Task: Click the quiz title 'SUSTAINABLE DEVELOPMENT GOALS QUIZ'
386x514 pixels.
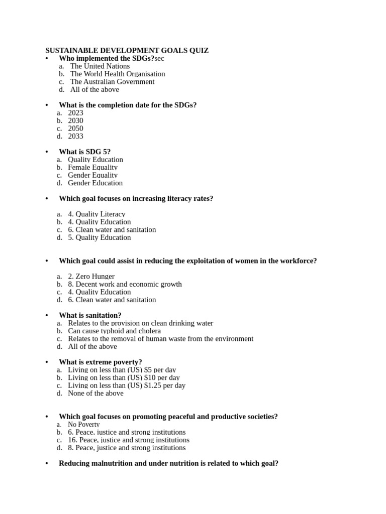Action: (127, 51)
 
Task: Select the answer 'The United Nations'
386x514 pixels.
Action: (100, 66)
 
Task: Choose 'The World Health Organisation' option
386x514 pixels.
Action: (117, 74)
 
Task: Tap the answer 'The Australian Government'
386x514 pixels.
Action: (112, 82)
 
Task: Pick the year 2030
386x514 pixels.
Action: (75, 121)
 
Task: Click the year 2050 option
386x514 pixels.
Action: (75, 128)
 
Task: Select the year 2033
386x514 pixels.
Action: (75, 137)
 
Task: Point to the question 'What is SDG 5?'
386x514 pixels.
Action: (84, 152)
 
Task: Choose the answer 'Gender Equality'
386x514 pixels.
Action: (92, 175)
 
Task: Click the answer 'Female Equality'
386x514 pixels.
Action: (92, 168)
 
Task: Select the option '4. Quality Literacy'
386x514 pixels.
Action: (96, 214)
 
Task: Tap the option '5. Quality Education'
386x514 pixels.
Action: (99, 237)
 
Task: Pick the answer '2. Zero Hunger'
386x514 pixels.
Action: (91, 277)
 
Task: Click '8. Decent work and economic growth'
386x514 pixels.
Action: (125, 284)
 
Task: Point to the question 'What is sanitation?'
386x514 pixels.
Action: (90, 316)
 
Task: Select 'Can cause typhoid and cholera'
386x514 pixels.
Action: (114, 331)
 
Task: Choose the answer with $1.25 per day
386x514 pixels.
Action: (126, 385)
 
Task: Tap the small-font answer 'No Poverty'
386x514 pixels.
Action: (83, 425)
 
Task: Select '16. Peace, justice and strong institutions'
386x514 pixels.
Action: (129, 440)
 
